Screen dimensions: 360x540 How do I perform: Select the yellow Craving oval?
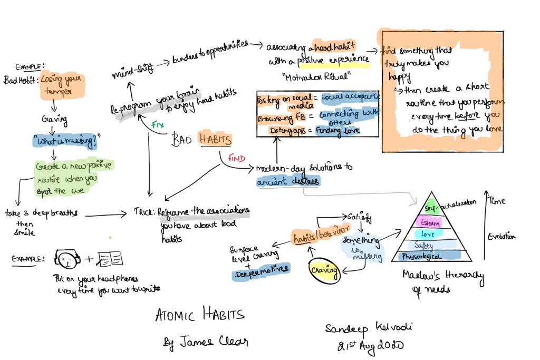tap(322, 269)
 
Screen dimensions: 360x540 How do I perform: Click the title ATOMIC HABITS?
tap(200, 315)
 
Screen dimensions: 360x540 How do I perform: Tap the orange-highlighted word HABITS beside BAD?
tap(215, 139)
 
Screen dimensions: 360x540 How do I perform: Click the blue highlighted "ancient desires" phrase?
tap(288, 182)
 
